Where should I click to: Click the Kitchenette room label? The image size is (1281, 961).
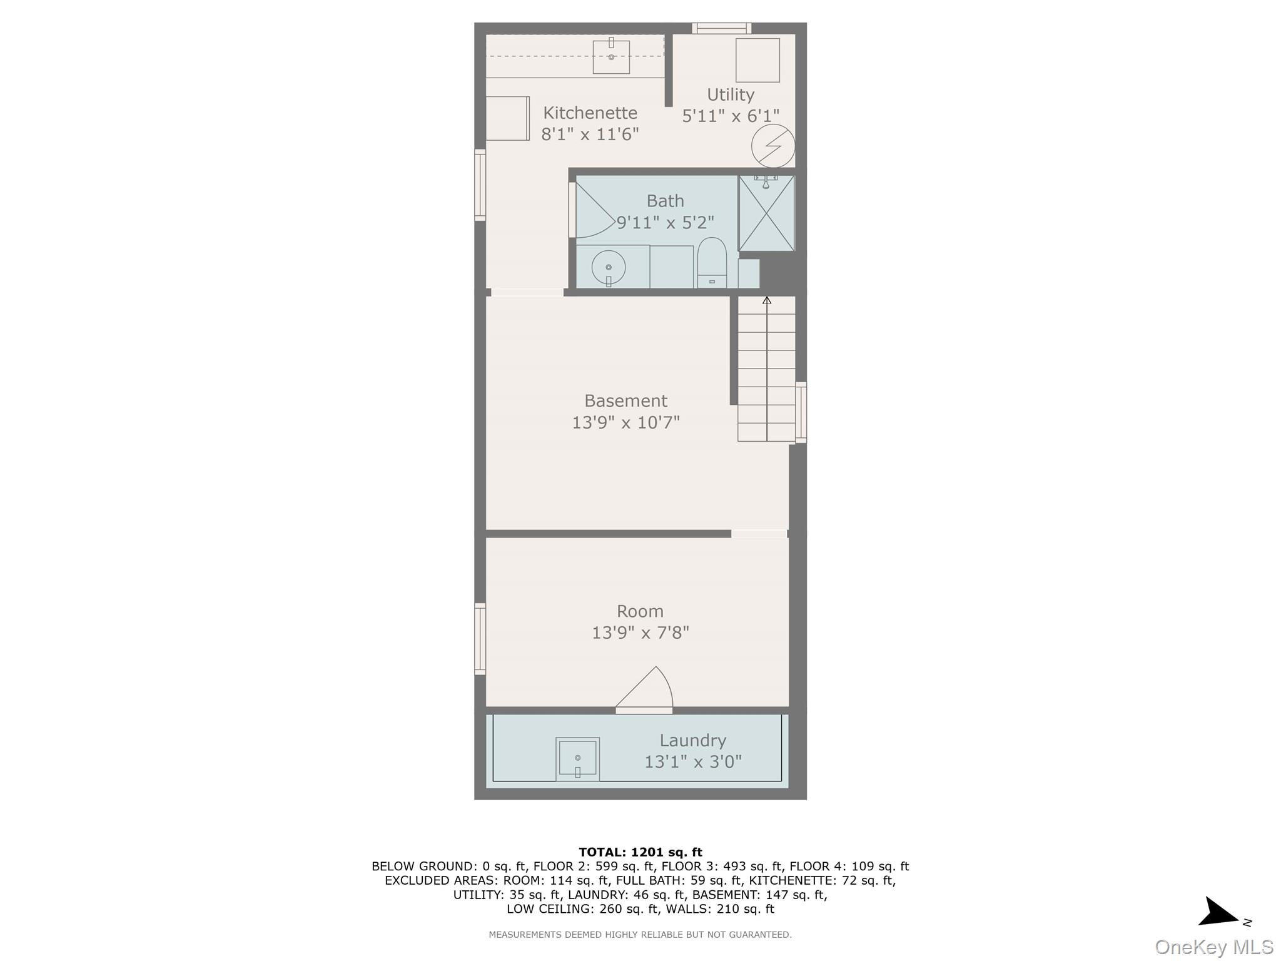tap(590, 113)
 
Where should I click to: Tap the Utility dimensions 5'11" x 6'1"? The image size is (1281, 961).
tap(731, 116)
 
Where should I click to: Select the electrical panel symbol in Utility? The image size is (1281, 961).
tap(773, 146)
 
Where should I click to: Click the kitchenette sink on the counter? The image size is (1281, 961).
tap(611, 56)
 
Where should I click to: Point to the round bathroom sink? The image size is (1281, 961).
tap(608, 268)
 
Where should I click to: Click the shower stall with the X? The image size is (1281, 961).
tap(766, 213)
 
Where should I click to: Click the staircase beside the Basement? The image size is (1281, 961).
tap(766, 369)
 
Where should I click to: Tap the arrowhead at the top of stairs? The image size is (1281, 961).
tap(767, 300)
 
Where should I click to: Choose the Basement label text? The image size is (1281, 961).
tap(625, 400)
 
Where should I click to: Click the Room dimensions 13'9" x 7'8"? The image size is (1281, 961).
tap(640, 633)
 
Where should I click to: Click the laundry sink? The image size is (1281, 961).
tap(577, 759)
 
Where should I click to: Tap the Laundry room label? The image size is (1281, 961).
tap(692, 740)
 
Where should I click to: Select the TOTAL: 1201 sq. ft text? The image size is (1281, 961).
tap(640, 852)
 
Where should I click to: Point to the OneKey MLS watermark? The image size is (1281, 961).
tap(1213, 947)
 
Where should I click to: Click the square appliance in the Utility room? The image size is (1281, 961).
tap(757, 60)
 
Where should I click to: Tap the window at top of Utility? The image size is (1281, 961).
tap(721, 28)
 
